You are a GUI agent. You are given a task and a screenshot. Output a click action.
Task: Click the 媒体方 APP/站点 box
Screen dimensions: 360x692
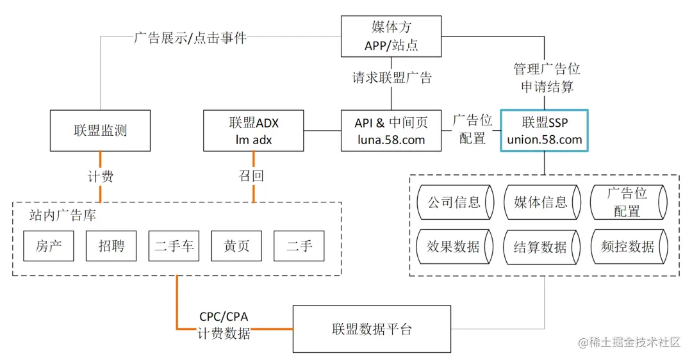pyautogui.click(x=391, y=37)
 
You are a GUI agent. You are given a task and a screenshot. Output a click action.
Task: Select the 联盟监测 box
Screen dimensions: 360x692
pyautogui.click(x=100, y=131)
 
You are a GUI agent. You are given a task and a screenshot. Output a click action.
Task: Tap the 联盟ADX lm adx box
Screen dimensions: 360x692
pyautogui.click(x=254, y=131)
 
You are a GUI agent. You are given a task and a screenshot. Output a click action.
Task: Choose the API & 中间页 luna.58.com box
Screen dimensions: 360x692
pyautogui.click(x=391, y=131)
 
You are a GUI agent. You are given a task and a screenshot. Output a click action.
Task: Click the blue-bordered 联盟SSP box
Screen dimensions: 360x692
pyautogui.click(x=544, y=131)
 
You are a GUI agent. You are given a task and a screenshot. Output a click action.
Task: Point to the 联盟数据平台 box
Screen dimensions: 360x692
pyautogui.click(x=372, y=329)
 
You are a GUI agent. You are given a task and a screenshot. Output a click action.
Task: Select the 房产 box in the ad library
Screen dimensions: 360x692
pyautogui.click(x=49, y=246)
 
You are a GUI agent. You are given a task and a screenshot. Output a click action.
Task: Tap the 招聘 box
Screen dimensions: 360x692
pyautogui.click(x=111, y=246)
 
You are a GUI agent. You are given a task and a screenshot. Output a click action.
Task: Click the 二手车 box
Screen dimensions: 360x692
pyautogui.click(x=174, y=246)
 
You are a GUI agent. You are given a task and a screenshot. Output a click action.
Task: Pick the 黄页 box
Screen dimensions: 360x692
pyautogui.click(x=236, y=246)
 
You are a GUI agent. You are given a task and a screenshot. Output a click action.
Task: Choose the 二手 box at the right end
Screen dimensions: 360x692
pyautogui.click(x=299, y=246)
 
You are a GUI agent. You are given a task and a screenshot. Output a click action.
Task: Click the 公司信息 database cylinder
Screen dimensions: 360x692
pyautogui.click(x=454, y=202)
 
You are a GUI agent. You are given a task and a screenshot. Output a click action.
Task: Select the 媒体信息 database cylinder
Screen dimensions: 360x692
pyautogui.click(x=541, y=202)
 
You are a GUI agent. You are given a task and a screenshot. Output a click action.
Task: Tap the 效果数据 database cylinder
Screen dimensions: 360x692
pyautogui.click(x=454, y=247)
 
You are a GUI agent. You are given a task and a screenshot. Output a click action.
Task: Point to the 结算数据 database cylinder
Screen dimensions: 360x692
pyautogui.click(x=541, y=247)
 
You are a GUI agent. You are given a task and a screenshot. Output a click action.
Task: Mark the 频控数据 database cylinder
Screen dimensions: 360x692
pyautogui.click(x=628, y=247)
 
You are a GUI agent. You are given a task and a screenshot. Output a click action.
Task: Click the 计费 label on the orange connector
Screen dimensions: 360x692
pyautogui.click(x=100, y=176)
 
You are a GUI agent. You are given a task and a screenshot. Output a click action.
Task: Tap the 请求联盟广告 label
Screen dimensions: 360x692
pyautogui.click(x=391, y=78)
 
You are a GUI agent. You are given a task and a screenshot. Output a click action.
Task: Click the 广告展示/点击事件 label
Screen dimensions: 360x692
pyautogui.click(x=190, y=37)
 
